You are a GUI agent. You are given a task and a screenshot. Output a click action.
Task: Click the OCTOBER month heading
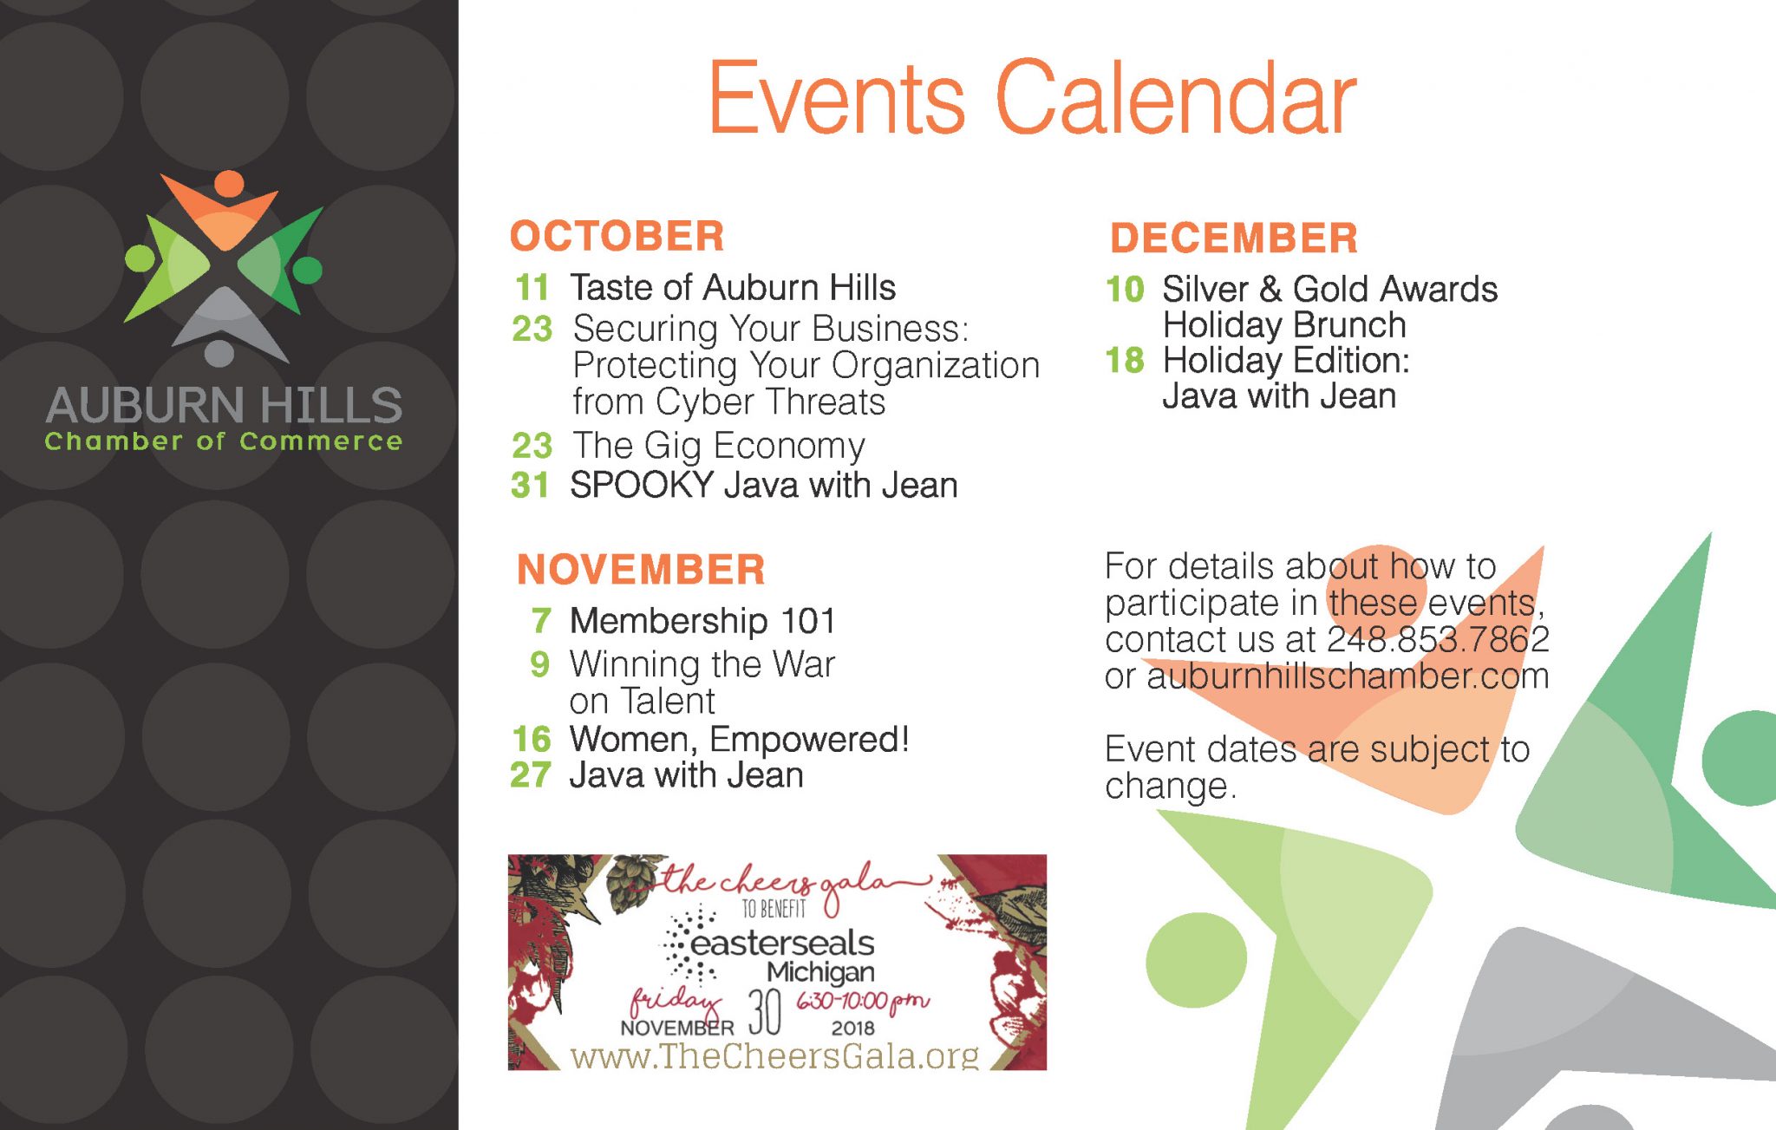tap(617, 236)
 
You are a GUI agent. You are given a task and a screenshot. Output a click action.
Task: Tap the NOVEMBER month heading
tap(641, 570)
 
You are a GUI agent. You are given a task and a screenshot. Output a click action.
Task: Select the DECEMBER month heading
tap(1234, 238)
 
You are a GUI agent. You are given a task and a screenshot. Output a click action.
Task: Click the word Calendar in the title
tap(1175, 98)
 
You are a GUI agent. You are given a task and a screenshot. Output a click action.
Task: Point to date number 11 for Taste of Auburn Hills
tap(532, 287)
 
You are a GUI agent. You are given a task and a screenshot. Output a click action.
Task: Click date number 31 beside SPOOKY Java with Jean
tap(530, 485)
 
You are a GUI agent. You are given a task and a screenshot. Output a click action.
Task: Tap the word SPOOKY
tap(641, 485)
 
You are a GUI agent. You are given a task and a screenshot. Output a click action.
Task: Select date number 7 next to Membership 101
tap(541, 620)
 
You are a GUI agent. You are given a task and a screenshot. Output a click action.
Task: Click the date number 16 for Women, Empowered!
tap(531, 739)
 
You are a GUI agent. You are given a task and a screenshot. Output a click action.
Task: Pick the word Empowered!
tap(809, 739)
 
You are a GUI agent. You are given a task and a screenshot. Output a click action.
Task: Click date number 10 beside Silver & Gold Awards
tap(1125, 289)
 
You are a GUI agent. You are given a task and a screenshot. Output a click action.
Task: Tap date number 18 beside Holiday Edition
tap(1125, 360)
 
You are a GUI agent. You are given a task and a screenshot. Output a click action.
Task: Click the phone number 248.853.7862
tap(1438, 639)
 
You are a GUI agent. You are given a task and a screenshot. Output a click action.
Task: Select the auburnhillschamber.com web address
tap(1348, 676)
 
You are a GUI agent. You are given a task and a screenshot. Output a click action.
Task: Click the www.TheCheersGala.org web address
tap(774, 1055)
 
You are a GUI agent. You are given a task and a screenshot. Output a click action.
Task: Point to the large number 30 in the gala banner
tap(765, 1011)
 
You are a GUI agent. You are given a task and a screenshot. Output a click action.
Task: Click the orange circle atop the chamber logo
tap(229, 183)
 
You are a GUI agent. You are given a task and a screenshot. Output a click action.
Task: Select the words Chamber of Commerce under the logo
tap(224, 441)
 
